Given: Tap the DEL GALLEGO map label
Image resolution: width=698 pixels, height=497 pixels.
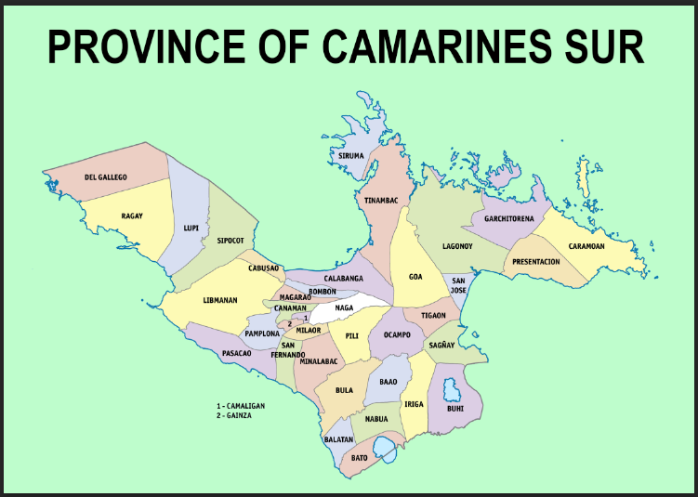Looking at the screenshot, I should (x=105, y=177).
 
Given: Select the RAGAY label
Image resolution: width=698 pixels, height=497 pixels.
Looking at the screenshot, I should (x=132, y=216).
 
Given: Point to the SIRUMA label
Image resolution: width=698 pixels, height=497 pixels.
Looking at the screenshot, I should (x=351, y=156).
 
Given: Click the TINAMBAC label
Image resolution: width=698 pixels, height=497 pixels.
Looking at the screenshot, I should (x=380, y=200).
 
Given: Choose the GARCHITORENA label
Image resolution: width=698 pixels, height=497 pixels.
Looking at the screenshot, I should (x=503, y=219).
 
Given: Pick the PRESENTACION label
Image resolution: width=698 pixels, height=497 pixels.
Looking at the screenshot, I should (x=536, y=262).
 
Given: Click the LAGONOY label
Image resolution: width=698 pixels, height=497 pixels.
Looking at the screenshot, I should (x=457, y=246).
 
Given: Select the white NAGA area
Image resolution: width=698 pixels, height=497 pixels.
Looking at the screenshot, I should (x=346, y=308).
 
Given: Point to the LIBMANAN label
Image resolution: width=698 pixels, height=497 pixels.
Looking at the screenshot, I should (x=220, y=301).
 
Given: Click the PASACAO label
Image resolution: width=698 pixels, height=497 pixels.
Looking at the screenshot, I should (x=236, y=353).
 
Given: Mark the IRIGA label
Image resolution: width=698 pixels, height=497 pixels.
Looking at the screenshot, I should (x=414, y=404).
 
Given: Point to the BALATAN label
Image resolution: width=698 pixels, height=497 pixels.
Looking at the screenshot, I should (x=338, y=438).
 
